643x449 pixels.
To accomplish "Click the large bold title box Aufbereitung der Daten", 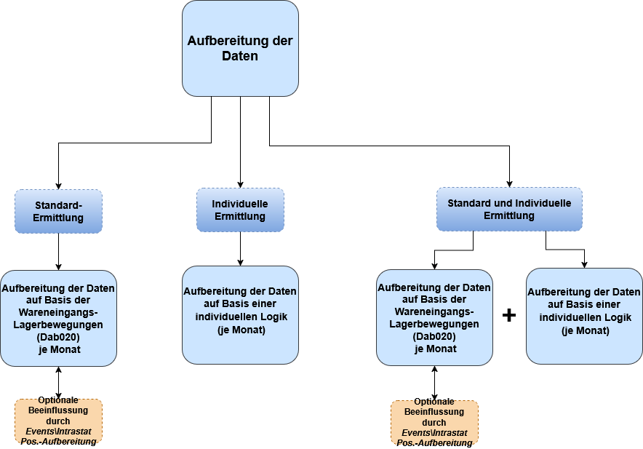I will [240, 48].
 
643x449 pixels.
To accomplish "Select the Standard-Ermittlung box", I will [58, 211].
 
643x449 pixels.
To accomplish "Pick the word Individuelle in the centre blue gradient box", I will [240, 204].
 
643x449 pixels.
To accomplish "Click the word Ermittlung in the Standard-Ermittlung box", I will [58, 218].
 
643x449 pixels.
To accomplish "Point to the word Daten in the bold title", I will [240, 56].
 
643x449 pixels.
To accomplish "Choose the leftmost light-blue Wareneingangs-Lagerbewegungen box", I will [58, 318].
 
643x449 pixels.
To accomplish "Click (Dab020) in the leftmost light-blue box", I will [58, 337].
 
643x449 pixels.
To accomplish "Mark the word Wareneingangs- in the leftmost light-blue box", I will [58, 312].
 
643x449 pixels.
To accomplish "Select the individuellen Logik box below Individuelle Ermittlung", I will [240, 314].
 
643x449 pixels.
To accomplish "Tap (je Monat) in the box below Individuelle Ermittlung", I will [241, 330].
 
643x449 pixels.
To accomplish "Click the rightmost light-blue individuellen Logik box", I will [584, 315].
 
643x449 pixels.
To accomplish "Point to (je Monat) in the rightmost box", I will [585, 330].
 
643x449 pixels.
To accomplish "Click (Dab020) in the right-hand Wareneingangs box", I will [434, 336].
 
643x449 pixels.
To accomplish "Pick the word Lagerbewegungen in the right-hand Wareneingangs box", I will [434, 324].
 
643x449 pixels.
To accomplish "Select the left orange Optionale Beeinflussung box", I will [58, 421].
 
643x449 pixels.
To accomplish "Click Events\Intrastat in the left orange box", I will [58, 431].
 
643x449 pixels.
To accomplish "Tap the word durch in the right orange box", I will [434, 422].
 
